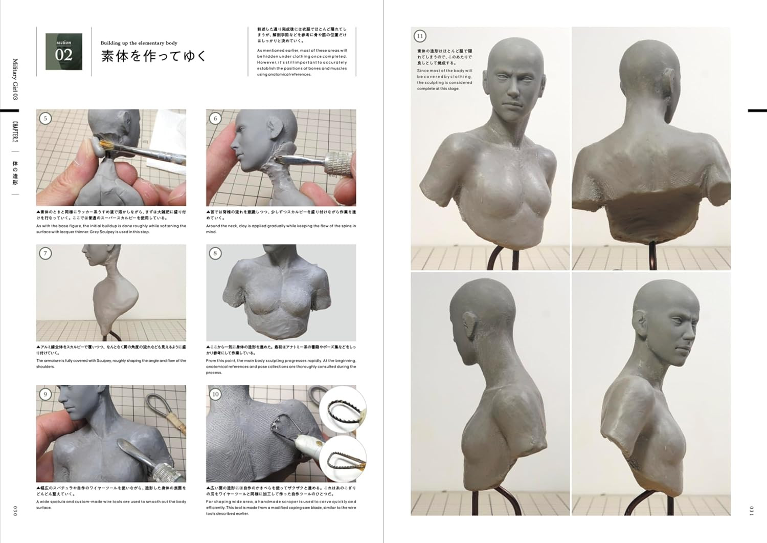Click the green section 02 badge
[x=64, y=52]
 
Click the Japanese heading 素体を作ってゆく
[x=153, y=56]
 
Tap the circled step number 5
[x=46, y=119]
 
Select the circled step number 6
[x=215, y=119]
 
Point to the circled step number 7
[x=46, y=253]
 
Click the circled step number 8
[x=215, y=253]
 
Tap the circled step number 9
[x=46, y=394]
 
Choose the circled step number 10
[x=215, y=394]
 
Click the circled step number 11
[x=420, y=36]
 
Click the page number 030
[x=15, y=510]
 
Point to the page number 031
[x=751, y=510]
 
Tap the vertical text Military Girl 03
[x=15, y=79]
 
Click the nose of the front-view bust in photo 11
[x=511, y=91]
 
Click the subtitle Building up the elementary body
[x=139, y=44]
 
